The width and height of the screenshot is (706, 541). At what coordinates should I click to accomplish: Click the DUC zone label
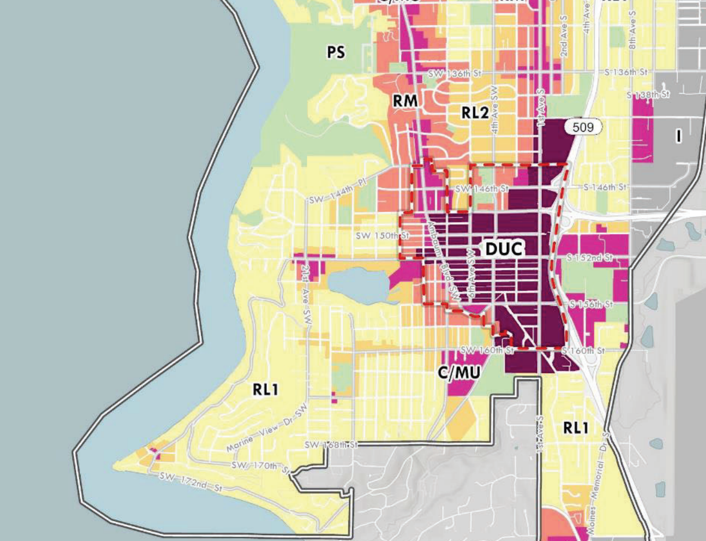(504, 249)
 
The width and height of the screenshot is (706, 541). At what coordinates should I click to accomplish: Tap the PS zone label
(336, 52)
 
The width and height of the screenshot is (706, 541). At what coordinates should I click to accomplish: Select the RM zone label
(405, 101)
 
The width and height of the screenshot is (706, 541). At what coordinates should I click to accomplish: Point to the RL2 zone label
(475, 112)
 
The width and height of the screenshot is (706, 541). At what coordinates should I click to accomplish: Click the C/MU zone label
(459, 373)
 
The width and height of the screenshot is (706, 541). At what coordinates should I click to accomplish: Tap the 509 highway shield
(583, 127)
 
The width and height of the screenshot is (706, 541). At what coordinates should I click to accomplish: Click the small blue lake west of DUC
(359, 285)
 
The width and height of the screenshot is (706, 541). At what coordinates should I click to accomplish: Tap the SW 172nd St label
(191, 482)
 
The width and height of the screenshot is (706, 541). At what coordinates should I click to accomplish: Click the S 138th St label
(648, 95)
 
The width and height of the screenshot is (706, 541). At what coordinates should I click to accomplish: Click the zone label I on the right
(678, 136)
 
